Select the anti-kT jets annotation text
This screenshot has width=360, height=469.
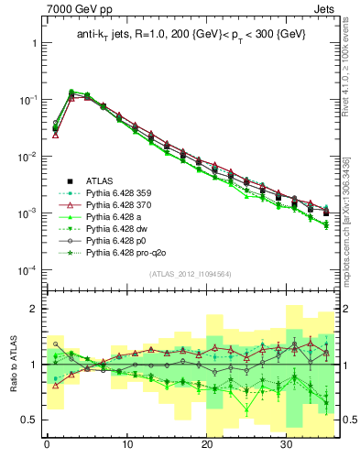(x=191, y=35)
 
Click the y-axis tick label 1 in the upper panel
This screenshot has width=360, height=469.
(x=33, y=43)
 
